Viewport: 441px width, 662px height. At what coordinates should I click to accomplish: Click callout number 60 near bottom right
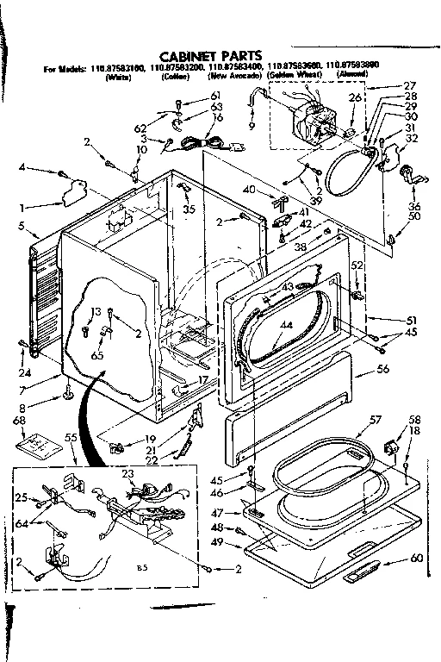point(417,559)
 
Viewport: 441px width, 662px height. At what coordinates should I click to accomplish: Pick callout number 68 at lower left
point(17,420)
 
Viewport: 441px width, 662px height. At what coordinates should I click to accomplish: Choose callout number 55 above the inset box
point(71,439)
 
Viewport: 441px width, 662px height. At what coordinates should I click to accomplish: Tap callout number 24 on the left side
point(25,349)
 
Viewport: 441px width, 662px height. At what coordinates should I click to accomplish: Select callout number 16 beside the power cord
point(194,117)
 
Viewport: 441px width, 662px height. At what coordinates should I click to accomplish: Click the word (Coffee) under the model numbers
point(174,76)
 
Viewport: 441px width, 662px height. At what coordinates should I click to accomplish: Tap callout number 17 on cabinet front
point(202,379)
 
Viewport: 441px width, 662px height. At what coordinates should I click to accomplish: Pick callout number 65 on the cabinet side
point(96,331)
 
